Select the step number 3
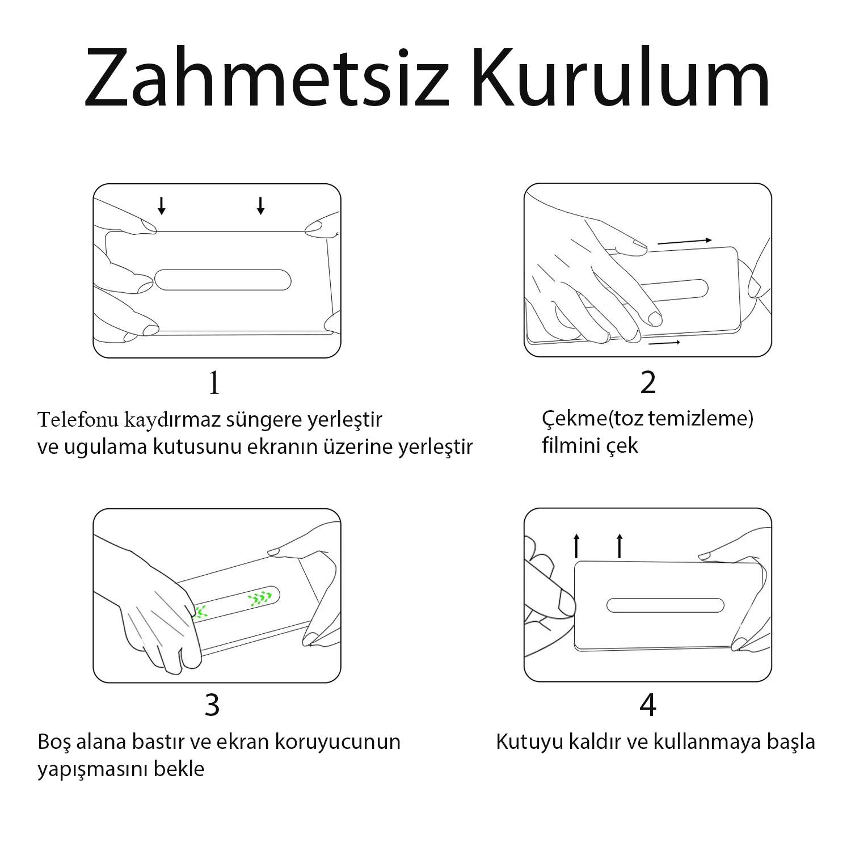[x=212, y=705]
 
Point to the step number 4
[x=648, y=705]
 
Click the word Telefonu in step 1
[x=78, y=420]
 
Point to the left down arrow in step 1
[x=162, y=206]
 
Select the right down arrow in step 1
[x=260, y=206]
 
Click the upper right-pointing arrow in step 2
[x=684, y=242]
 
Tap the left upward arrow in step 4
[x=576, y=546]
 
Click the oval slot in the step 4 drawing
[x=665, y=605]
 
